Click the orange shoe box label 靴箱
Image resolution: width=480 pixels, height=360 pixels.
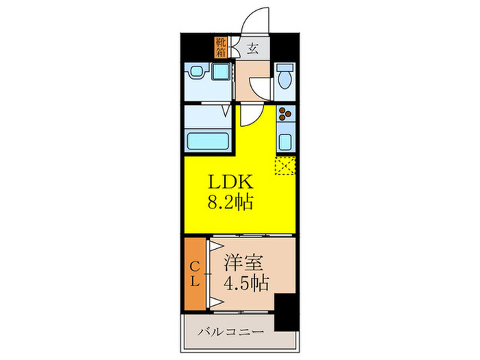point(221,47)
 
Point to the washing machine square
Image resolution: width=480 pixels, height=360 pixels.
point(221,73)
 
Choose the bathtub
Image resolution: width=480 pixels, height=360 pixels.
point(208,142)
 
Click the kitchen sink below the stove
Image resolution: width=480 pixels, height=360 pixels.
point(285,141)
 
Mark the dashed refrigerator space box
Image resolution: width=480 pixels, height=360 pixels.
point(285,166)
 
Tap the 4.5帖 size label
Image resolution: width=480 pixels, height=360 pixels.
point(245,282)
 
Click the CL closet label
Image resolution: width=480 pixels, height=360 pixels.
point(194,273)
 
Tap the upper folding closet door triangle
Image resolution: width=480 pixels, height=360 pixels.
point(216,248)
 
